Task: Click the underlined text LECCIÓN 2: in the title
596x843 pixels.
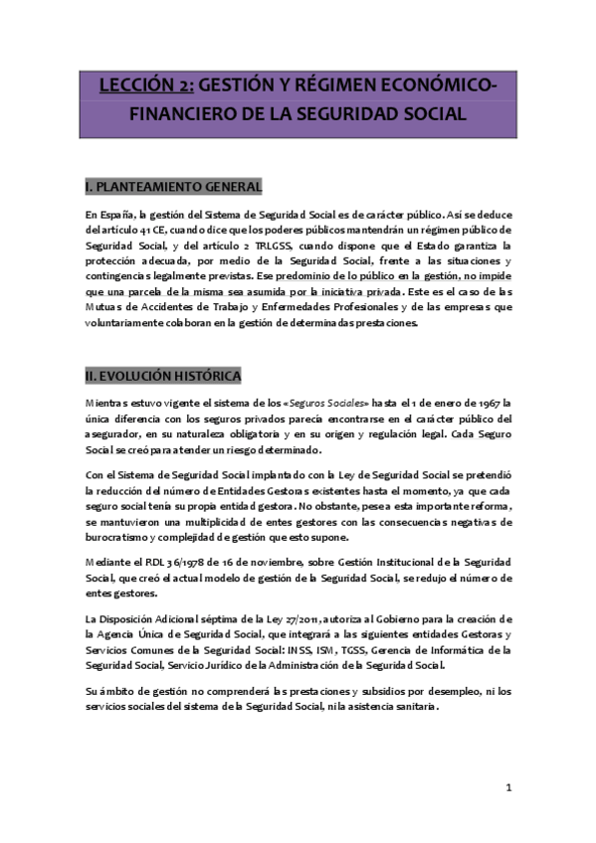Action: point(146,86)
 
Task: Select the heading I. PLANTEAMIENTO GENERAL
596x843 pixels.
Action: point(174,186)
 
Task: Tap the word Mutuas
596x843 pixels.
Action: point(102,307)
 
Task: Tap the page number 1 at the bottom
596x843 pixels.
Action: point(508,788)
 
